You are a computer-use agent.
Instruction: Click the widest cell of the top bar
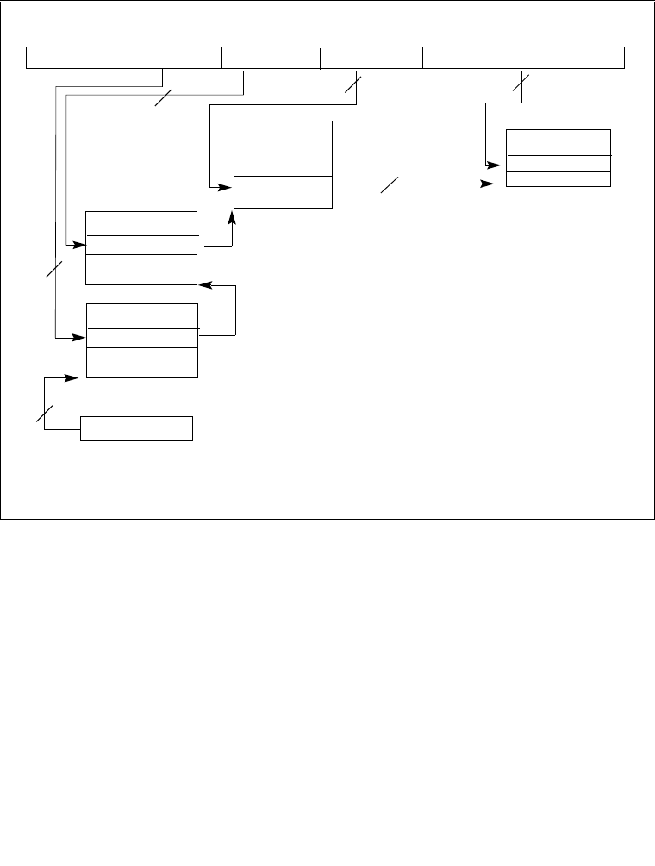(523, 58)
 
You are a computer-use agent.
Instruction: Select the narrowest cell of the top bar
(184, 58)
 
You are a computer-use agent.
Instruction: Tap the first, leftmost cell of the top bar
(87, 58)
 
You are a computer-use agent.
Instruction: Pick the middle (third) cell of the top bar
(271, 58)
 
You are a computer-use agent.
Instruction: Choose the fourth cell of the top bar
(371, 58)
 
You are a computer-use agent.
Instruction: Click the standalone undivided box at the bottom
(136, 428)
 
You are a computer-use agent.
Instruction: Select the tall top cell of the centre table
(283, 148)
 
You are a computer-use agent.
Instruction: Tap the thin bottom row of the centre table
(283, 202)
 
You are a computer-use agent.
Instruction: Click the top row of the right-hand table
(558, 142)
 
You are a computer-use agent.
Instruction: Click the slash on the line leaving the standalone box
(44, 413)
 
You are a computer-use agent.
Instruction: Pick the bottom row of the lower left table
(142, 363)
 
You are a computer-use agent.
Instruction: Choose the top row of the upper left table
(142, 222)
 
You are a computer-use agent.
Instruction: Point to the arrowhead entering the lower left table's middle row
(80, 338)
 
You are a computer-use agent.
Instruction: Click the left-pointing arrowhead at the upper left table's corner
(204, 284)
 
